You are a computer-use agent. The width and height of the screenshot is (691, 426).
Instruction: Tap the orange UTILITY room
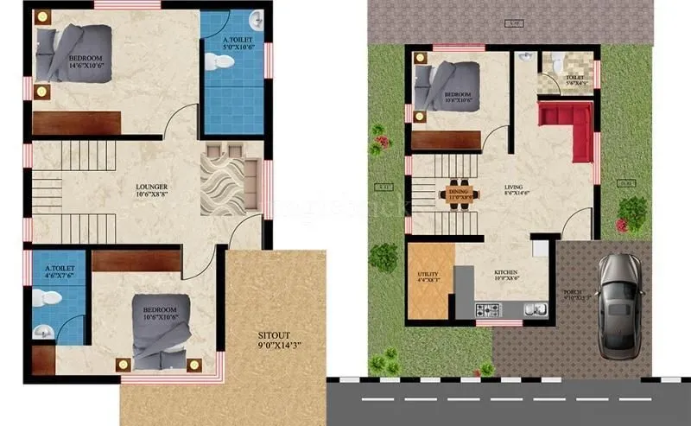pyautogui.click(x=428, y=280)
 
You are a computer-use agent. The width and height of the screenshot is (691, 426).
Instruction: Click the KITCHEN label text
pyautogui.click(x=505, y=274)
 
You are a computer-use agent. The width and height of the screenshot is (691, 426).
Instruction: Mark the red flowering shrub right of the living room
pyautogui.click(x=631, y=212)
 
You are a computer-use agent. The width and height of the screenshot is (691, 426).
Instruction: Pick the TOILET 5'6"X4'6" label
pyautogui.click(x=574, y=79)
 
